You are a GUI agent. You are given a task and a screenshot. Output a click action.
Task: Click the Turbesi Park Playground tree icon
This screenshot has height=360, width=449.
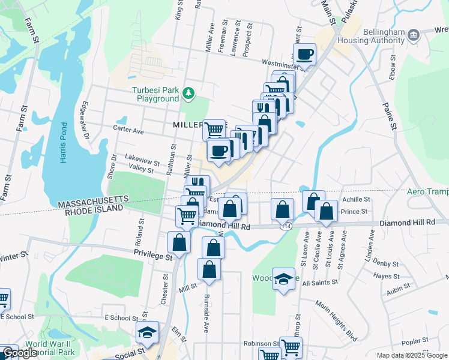[189, 92]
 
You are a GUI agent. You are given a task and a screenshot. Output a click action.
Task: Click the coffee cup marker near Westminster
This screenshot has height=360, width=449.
[305, 55]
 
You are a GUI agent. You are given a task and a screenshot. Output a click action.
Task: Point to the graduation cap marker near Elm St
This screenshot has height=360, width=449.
[147, 332]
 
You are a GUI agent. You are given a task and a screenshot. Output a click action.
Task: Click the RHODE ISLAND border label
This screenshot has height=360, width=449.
[91, 208]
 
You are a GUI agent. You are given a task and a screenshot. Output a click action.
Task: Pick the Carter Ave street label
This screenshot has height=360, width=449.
[129, 130]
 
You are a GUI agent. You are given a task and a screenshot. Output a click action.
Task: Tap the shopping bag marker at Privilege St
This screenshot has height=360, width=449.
[179, 242]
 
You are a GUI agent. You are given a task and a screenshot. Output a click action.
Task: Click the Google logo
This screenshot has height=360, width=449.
[20, 353]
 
